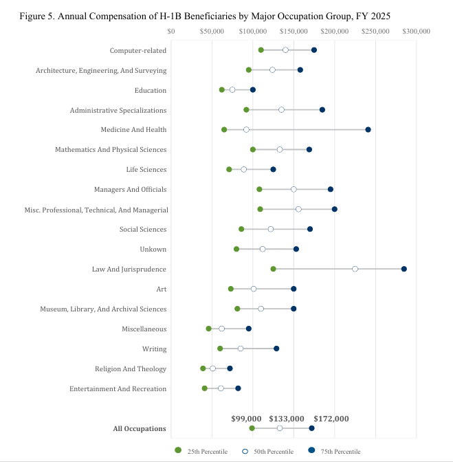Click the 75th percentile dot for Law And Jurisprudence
pyautogui.click(x=404, y=269)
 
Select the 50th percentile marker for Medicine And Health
pyautogui.click(x=246, y=130)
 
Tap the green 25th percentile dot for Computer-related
pyautogui.click(x=261, y=50)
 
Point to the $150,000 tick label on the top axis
pyautogui.click(x=294, y=31)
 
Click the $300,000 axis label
pyautogui.click(x=416, y=31)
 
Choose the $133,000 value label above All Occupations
pyautogui.click(x=286, y=419)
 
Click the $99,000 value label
pyautogui.click(x=246, y=419)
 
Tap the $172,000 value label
pyautogui.click(x=331, y=419)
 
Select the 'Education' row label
pyautogui.click(x=151, y=91)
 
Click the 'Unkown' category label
pyautogui.click(x=153, y=250)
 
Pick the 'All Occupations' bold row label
pyautogui.click(x=140, y=429)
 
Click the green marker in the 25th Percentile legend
pyautogui.click(x=178, y=450)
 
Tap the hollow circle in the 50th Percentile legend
pyautogui.click(x=245, y=452)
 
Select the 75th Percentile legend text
pyautogui.click(x=340, y=452)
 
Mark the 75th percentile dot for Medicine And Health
pyautogui.click(x=368, y=130)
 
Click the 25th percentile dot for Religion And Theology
pyautogui.click(x=203, y=368)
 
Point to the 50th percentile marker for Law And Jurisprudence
pyautogui.click(x=355, y=269)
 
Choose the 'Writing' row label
pyautogui.click(x=155, y=349)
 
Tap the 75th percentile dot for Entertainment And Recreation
pyautogui.click(x=238, y=388)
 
